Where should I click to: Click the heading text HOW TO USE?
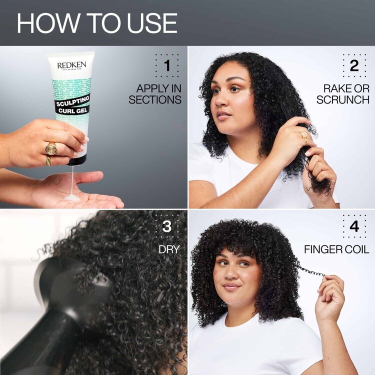tap(97, 23)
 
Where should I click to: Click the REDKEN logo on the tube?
tap(71, 65)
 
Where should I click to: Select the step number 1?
tap(166, 65)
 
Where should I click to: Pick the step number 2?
tap(354, 65)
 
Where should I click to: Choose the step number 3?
tap(166, 226)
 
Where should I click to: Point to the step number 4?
tap(354, 226)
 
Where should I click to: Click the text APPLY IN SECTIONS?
tap(155, 94)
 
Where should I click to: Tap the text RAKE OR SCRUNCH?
tap(346, 94)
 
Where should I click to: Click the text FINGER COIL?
tap(336, 249)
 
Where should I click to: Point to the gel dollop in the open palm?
tap(73, 196)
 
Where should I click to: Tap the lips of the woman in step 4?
tap(231, 286)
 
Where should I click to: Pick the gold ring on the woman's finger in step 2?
tap(303, 137)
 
